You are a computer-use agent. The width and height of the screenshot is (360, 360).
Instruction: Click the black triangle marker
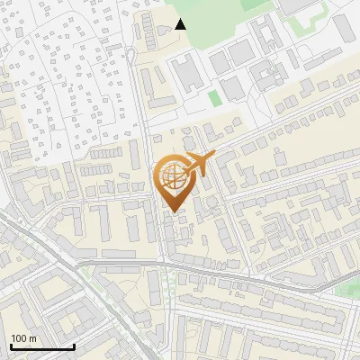180,23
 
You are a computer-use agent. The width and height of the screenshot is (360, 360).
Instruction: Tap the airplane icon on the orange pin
200,165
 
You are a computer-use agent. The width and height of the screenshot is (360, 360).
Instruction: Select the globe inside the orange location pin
171,175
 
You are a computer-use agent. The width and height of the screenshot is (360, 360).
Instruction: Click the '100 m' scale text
23,337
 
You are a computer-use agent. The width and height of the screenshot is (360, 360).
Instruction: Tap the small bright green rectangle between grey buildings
213,97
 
